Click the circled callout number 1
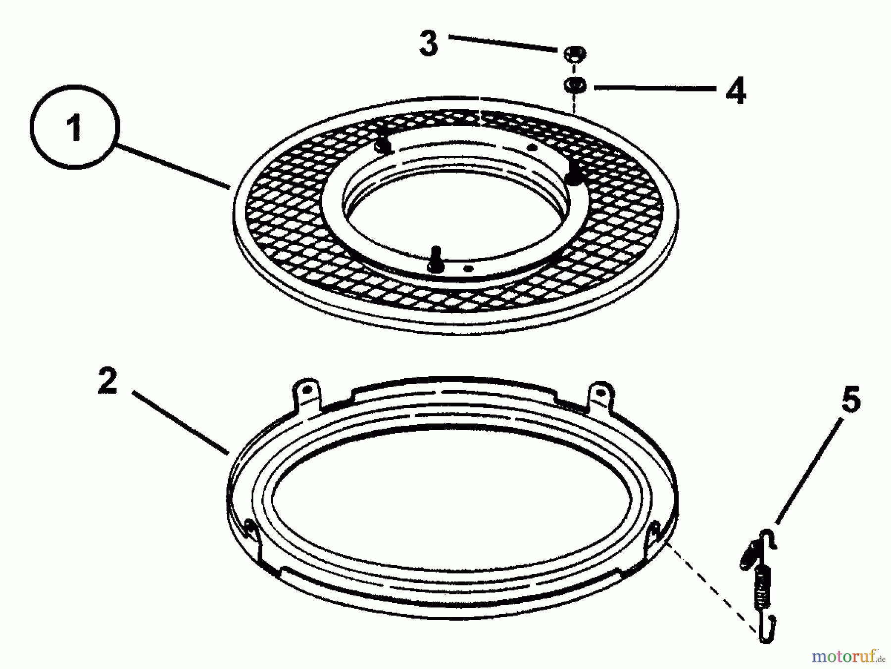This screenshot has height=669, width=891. pos(75,127)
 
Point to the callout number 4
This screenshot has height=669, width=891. pos(736,90)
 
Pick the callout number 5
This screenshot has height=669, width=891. pos(850,400)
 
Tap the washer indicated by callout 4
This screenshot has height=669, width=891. pos(574,85)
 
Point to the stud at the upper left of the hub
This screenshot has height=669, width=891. pos(382,144)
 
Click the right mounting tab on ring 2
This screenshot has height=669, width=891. pos(600,395)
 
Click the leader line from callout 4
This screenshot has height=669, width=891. pos(655,88)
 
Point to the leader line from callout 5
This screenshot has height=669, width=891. pos(807,472)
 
